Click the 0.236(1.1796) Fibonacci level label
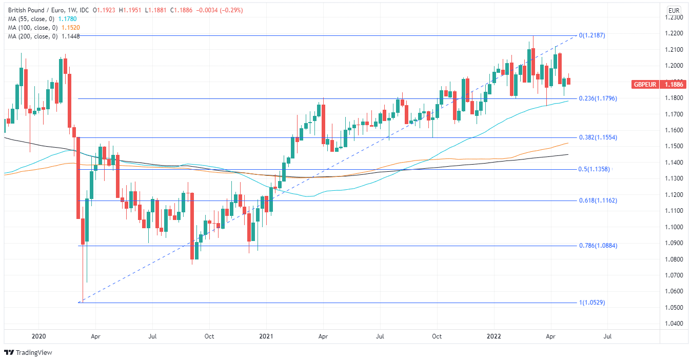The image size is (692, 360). pyautogui.click(x=598, y=98)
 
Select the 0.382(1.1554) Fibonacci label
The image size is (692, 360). pyautogui.click(x=598, y=138)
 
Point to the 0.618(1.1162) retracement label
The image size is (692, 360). pyautogui.click(x=598, y=201)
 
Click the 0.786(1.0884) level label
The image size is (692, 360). pyautogui.click(x=598, y=246)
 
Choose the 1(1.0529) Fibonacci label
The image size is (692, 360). pyautogui.click(x=592, y=303)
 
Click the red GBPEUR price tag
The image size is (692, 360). pyautogui.click(x=659, y=84)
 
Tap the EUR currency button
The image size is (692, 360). pyautogui.click(x=674, y=10)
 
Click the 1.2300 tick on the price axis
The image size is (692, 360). pyautogui.click(x=673, y=17)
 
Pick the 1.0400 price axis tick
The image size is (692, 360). pyautogui.click(x=673, y=324)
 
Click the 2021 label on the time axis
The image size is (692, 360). pyautogui.click(x=266, y=336)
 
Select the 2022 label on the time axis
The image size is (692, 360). pyautogui.click(x=493, y=336)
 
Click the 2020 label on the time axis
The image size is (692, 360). pyautogui.click(x=39, y=336)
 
